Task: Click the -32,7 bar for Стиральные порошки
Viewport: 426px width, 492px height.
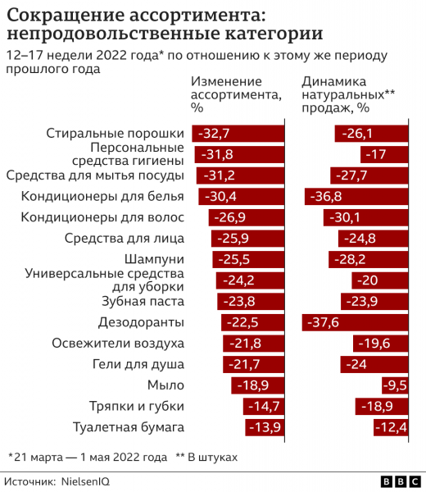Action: pyautogui.click(x=238, y=133)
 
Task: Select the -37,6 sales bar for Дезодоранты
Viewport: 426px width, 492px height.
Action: pyautogui.click(x=355, y=322)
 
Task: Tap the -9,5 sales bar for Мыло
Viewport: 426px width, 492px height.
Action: pyautogui.click(x=394, y=385)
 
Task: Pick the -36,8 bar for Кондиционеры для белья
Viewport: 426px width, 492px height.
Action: pyautogui.click(x=356, y=196)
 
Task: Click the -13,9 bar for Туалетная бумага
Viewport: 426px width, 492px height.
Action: pyautogui.click(x=265, y=427)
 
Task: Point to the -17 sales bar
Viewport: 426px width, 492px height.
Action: pyautogui.click(x=383, y=154)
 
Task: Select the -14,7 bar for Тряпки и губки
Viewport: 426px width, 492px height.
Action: pyautogui.click(x=263, y=406)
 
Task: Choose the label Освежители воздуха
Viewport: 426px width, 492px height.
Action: pyautogui.click(x=118, y=344)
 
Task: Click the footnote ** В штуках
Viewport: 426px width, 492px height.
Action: pyautogui.click(x=206, y=455)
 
